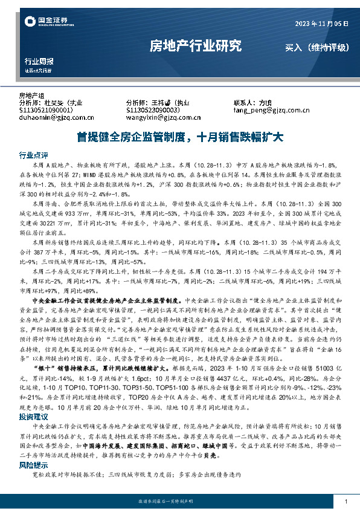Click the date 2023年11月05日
click(322, 23)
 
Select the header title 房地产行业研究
click(196, 46)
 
